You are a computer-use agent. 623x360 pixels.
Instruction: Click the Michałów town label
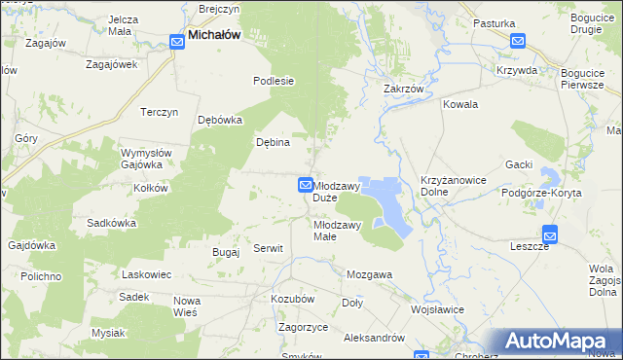tap(214, 35)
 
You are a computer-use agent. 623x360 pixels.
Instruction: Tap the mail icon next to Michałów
tap(177, 41)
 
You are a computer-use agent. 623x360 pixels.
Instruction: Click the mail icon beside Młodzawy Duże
tap(305, 185)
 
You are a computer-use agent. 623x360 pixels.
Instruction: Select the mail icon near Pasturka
tap(517, 41)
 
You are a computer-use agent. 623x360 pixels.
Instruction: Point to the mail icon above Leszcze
tap(550, 233)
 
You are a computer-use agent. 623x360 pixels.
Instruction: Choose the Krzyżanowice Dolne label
tap(453, 188)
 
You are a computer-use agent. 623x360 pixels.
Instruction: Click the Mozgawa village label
tap(369, 274)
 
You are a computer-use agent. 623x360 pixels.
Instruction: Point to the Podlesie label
tap(274, 82)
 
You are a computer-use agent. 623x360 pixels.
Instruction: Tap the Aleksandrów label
tap(375, 337)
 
